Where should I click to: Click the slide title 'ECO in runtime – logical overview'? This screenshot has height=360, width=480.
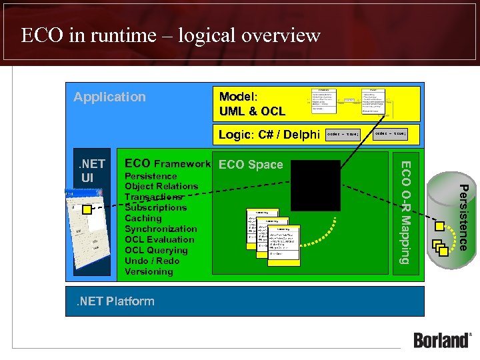click(x=171, y=35)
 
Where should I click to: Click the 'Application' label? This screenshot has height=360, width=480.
click(x=109, y=97)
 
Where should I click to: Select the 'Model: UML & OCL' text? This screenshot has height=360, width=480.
click(x=252, y=104)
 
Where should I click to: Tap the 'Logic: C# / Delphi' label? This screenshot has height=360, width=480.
click(x=269, y=135)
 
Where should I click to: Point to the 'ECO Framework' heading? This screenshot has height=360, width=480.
click(x=167, y=164)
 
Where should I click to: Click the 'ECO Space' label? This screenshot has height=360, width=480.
click(x=251, y=165)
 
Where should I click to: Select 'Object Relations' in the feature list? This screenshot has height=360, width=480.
click(x=161, y=187)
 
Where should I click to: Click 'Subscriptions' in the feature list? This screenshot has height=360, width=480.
click(x=156, y=208)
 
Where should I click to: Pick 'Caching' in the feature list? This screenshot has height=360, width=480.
click(x=143, y=219)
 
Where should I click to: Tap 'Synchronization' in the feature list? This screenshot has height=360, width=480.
click(x=161, y=229)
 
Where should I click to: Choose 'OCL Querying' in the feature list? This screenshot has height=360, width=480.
click(x=156, y=251)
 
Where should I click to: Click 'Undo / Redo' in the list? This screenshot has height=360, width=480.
click(x=152, y=261)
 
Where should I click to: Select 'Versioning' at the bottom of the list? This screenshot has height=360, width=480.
click(x=149, y=272)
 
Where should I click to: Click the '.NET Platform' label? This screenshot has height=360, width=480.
click(x=115, y=301)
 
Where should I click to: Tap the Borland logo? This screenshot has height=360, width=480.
click(x=442, y=340)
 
